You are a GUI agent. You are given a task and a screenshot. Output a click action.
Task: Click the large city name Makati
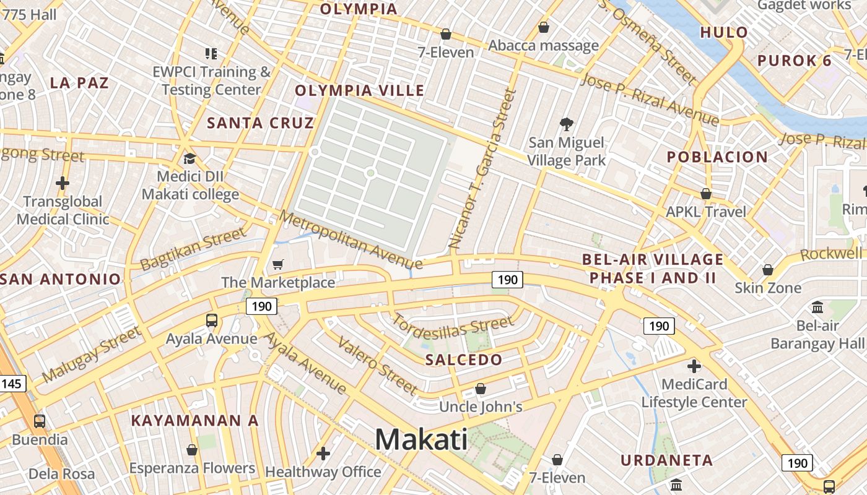pyautogui.click(x=421, y=440)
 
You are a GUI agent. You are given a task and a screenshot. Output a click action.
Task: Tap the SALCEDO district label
pyautogui.click(x=464, y=359)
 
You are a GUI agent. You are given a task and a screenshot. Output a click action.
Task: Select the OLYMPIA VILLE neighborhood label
pyautogui.click(x=360, y=90)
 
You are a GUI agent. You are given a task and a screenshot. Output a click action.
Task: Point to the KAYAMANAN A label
pyautogui.click(x=194, y=420)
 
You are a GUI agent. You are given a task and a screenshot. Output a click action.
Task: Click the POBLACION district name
pyautogui.click(x=717, y=157)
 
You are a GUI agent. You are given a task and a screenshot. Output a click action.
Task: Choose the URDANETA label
pyautogui.click(x=666, y=460)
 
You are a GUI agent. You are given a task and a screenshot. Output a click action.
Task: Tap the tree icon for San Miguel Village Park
pyautogui.click(x=566, y=124)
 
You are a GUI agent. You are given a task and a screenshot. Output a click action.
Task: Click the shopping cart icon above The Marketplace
pyautogui.click(x=278, y=265)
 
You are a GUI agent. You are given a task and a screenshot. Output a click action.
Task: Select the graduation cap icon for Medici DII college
pyautogui.click(x=190, y=159)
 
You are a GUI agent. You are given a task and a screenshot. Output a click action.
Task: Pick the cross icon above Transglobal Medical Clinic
pyautogui.click(x=63, y=183)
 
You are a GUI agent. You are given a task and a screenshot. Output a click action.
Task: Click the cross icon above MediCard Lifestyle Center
pyautogui.click(x=694, y=366)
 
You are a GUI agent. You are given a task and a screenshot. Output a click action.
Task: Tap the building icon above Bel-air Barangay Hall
pyautogui.click(x=817, y=308)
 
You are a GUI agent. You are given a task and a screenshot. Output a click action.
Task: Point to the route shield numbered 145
pyautogui.click(x=11, y=384)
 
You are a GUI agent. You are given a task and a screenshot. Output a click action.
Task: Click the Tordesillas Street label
pyautogui.click(x=453, y=326)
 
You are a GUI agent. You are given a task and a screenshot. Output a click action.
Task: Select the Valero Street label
pyautogui.click(x=377, y=366)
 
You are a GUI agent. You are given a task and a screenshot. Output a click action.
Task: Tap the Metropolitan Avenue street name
pyautogui.click(x=351, y=240)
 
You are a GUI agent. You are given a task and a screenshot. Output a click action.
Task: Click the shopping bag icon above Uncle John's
pyautogui.click(x=481, y=389)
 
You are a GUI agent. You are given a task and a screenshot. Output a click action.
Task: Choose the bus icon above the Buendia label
pyautogui.click(x=40, y=421)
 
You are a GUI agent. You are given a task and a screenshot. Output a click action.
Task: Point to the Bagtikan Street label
pyautogui.click(x=193, y=249)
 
